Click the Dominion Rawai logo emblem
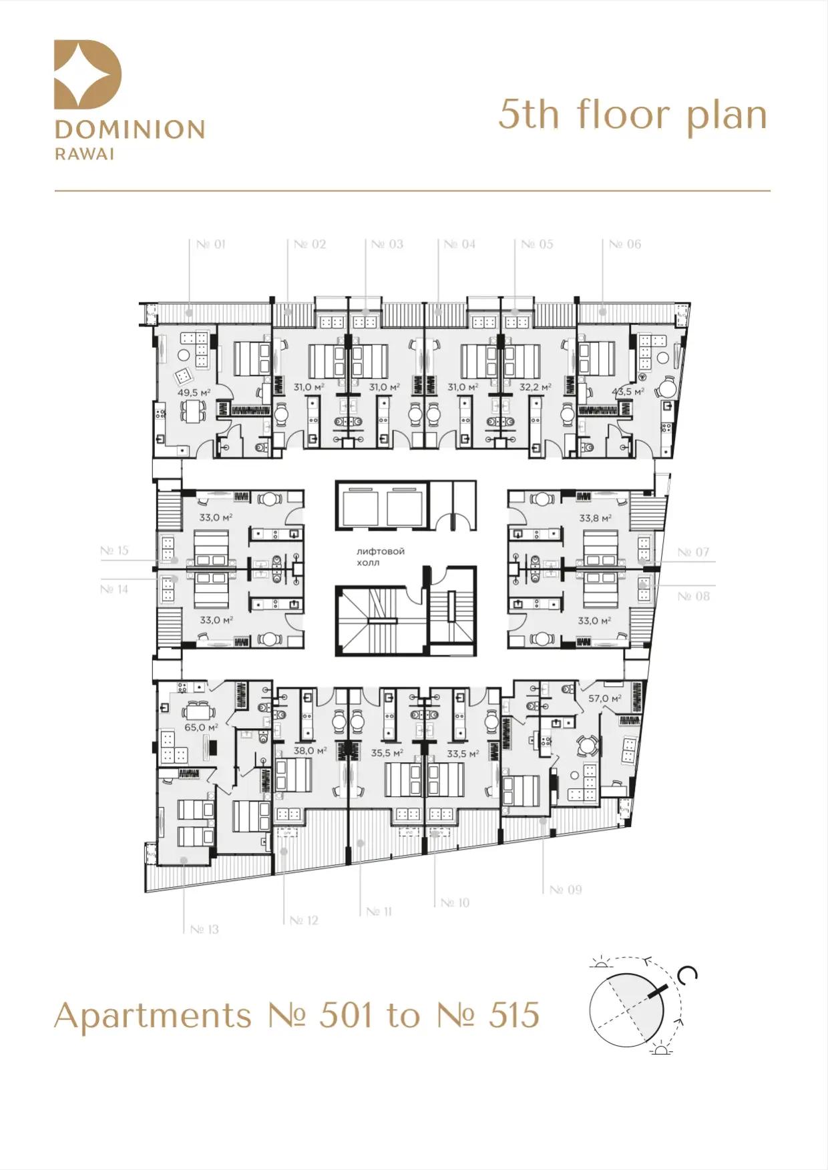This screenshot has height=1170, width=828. click(87, 74)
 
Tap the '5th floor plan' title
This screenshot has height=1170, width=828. click(633, 115)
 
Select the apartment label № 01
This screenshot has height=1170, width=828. click(211, 244)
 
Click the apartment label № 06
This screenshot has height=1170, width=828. click(625, 244)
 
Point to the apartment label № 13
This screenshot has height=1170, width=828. click(204, 929)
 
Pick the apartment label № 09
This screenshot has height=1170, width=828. click(566, 890)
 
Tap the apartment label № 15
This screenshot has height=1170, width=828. click(114, 551)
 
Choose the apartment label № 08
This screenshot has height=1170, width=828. click(694, 596)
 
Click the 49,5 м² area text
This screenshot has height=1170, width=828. click(194, 392)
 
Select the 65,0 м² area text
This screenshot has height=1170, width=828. click(201, 727)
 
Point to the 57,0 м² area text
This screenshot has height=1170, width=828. click(604, 698)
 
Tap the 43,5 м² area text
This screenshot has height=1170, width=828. click(628, 392)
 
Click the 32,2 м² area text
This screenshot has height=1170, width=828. click(536, 386)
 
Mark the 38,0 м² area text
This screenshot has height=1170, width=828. click(310, 750)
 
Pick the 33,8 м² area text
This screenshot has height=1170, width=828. click(595, 517)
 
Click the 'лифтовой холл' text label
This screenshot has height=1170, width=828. click(381, 557)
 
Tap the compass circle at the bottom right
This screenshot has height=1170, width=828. click(626, 1010)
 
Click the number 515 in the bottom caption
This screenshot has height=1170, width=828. click(514, 1015)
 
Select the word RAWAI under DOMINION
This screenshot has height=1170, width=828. click(85, 154)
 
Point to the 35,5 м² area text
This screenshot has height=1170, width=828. click(387, 752)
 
